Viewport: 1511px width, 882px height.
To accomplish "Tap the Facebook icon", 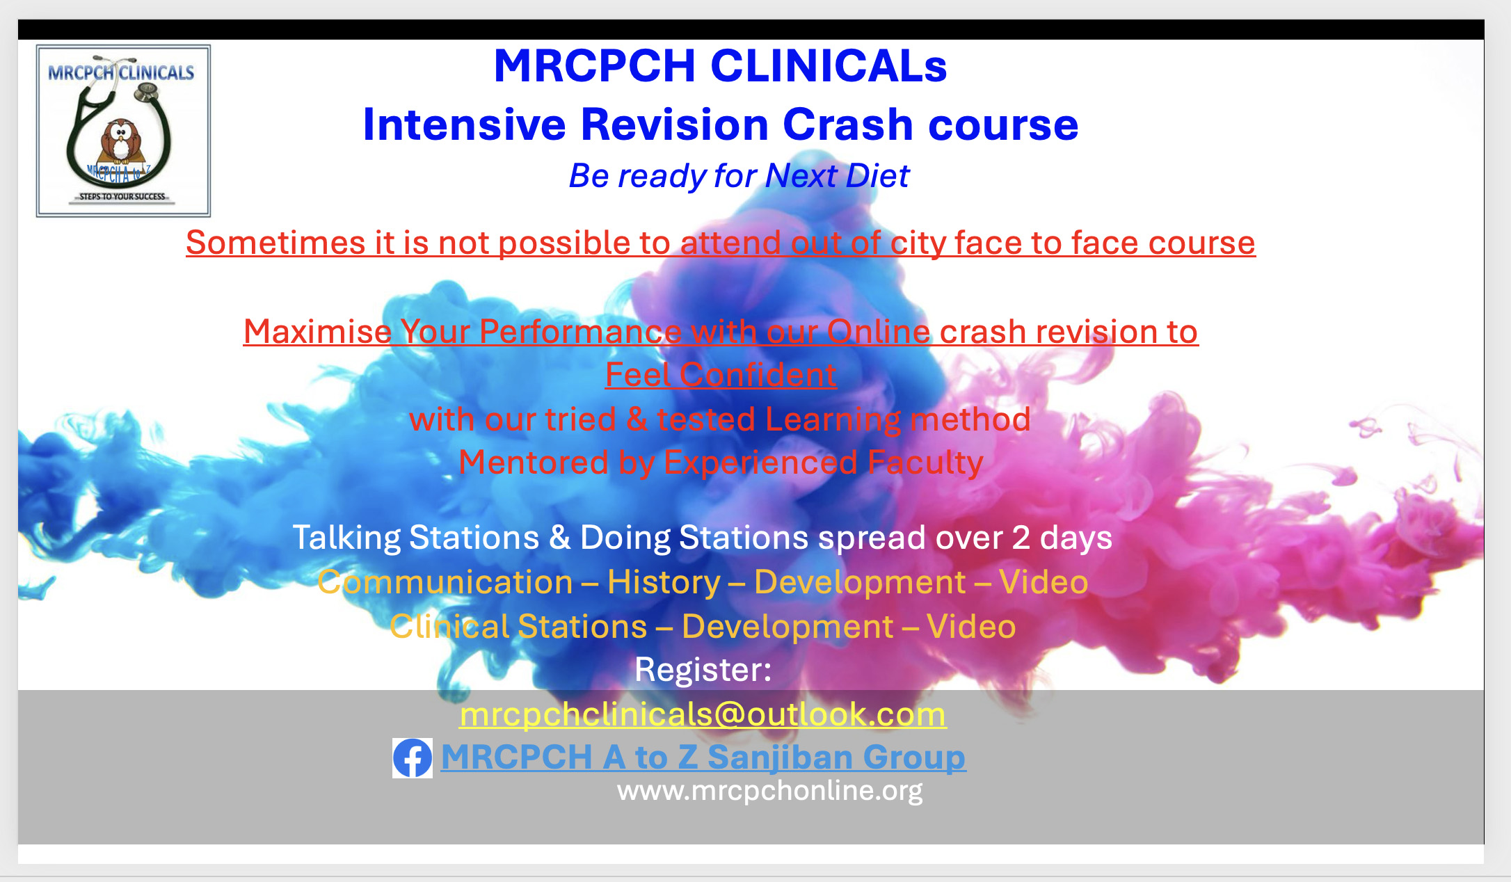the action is point(413,757).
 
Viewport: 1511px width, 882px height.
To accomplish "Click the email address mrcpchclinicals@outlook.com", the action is point(703,714).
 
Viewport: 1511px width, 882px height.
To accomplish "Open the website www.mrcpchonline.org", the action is point(770,791).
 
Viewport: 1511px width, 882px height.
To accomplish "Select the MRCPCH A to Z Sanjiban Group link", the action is point(703,757).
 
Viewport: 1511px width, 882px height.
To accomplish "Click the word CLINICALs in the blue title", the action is point(829,66).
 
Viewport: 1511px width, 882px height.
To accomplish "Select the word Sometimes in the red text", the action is point(275,243).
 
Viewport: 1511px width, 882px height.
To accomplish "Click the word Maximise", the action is point(317,332).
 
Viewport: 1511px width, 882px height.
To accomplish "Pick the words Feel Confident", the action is point(721,375).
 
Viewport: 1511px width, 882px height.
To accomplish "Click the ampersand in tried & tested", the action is point(637,419).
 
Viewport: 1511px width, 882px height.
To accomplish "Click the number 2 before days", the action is point(1021,538).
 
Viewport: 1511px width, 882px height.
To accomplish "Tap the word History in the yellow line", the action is point(664,582).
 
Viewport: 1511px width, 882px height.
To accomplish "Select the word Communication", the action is point(445,582).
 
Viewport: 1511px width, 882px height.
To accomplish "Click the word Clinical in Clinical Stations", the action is point(449,627).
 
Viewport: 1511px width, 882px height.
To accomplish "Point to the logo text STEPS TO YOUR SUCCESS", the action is point(122,197).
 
